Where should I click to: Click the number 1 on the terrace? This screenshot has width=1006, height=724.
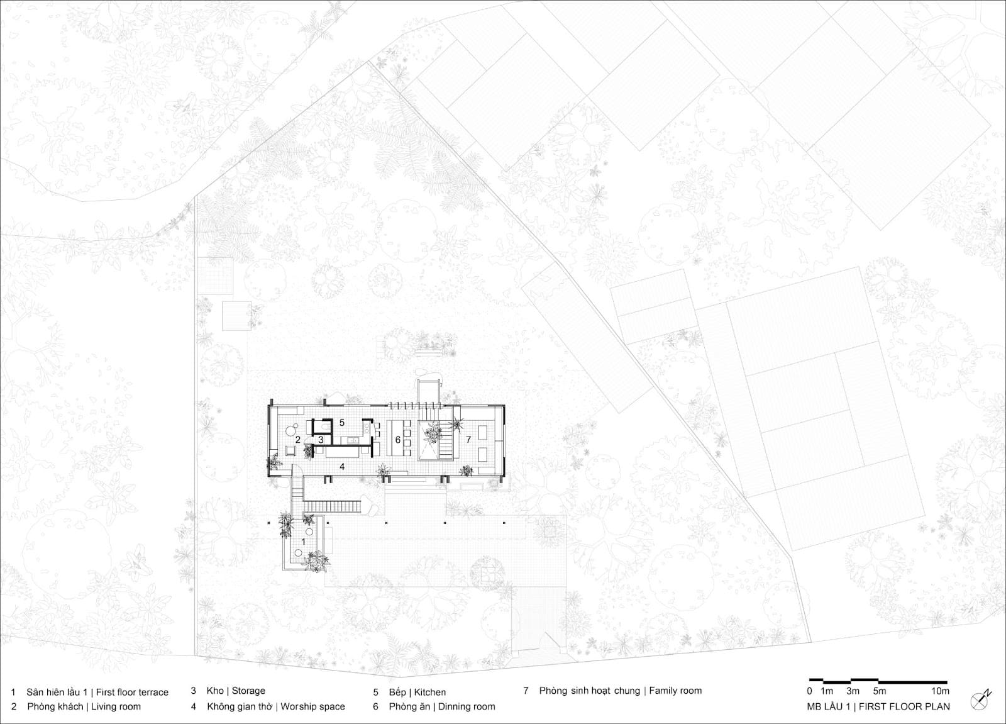tap(303, 542)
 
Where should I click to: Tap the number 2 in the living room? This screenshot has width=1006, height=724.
tap(298, 440)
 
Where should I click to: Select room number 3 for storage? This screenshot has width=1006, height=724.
tap(321, 440)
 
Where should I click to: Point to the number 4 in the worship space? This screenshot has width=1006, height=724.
tap(342, 467)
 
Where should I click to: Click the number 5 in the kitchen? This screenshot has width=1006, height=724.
tap(342, 423)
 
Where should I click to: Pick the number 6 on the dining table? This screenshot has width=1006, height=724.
tap(397, 440)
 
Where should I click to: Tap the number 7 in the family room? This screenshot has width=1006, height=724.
tap(468, 439)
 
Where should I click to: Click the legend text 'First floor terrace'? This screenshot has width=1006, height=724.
tap(132, 692)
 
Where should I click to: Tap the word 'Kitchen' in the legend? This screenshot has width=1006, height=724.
tap(430, 692)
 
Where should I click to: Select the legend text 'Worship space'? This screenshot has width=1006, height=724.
tap(312, 706)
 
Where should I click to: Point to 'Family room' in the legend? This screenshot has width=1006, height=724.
tap(675, 691)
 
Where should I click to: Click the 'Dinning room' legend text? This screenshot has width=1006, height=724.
tap(467, 706)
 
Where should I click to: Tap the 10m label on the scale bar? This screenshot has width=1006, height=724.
tap(940, 691)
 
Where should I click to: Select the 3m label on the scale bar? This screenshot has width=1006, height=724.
tap(853, 691)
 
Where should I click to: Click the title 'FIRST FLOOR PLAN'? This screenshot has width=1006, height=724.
tap(905, 706)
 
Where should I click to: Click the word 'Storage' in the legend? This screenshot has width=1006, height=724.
tap(248, 691)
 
